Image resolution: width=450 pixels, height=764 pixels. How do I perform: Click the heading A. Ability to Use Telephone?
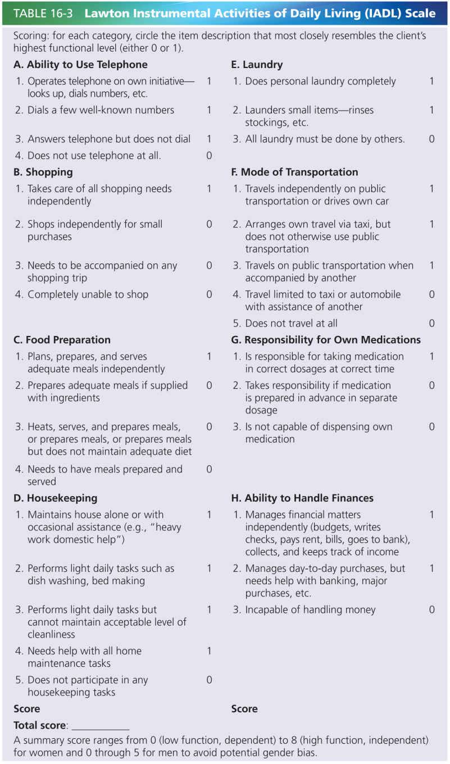point(80,65)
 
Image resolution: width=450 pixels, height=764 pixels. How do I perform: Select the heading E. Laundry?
point(257,65)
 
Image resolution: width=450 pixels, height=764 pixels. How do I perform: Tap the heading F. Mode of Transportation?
point(294,172)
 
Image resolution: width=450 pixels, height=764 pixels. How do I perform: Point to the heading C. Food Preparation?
point(62,340)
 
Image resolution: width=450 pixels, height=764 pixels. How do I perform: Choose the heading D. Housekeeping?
point(55,498)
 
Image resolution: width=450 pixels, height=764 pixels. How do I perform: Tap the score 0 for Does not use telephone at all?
point(209,156)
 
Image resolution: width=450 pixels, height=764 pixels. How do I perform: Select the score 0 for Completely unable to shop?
point(209,294)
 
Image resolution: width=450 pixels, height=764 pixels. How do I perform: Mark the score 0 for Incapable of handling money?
point(431,610)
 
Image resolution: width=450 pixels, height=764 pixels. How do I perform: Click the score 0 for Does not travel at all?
point(431,323)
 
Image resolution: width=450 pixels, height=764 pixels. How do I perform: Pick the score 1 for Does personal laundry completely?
point(431,81)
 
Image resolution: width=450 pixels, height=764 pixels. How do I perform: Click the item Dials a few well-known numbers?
point(101,110)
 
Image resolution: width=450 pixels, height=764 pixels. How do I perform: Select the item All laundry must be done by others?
point(325,139)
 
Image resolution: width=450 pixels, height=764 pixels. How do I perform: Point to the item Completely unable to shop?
point(88,294)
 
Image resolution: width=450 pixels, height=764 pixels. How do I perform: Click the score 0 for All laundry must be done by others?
point(431,139)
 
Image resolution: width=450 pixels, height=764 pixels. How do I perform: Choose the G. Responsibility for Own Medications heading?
point(326,340)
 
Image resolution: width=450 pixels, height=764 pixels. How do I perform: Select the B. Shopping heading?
point(43,172)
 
